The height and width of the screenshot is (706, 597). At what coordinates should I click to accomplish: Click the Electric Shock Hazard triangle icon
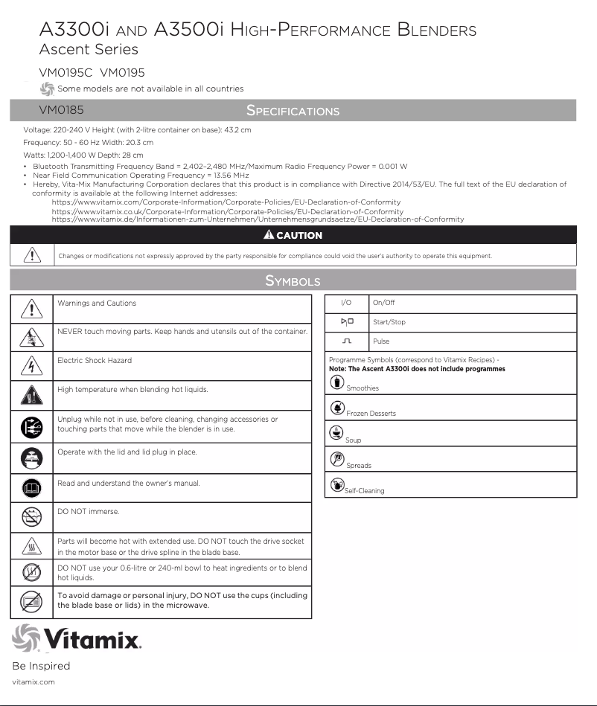point(31,366)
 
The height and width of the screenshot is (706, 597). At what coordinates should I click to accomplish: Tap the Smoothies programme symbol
point(336,382)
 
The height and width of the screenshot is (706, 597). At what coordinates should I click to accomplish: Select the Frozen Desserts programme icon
point(336,408)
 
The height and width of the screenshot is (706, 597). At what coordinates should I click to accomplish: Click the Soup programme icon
point(336,434)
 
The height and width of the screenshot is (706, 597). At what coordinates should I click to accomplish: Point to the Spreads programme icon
point(336,460)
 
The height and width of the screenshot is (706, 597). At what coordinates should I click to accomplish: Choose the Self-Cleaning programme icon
point(336,485)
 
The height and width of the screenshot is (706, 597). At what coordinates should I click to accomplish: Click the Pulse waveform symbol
point(346,341)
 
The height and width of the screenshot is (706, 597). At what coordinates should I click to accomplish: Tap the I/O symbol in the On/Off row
point(345,304)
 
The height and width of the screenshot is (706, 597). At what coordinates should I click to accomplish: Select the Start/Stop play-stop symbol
point(347,322)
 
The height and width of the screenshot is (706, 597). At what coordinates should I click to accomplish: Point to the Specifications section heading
point(293,111)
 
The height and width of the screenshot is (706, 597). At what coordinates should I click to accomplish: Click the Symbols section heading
point(293,280)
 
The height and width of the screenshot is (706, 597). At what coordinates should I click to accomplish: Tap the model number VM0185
point(61,110)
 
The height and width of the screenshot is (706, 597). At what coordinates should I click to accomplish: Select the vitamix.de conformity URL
point(258,219)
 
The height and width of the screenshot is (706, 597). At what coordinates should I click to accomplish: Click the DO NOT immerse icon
point(31,516)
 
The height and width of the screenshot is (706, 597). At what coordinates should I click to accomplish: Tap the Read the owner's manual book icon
point(31,488)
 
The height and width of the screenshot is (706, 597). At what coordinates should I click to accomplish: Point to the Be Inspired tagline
point(41,666)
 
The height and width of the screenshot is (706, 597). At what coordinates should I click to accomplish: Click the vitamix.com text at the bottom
point(33,681)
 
